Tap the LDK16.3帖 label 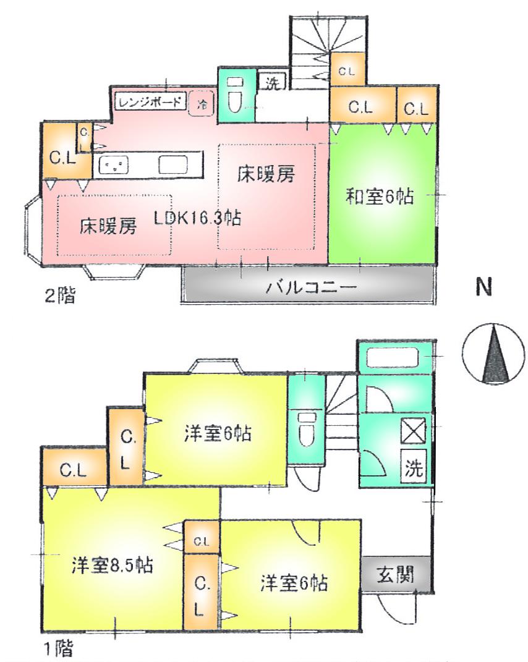pos(197,218)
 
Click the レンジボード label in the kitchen pos(150,101)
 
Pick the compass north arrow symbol pos(493,355)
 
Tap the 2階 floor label pos(59,296)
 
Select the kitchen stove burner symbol pos(114,165)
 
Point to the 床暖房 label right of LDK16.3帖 pos(266,176)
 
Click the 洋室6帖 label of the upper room pos(217,433)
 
